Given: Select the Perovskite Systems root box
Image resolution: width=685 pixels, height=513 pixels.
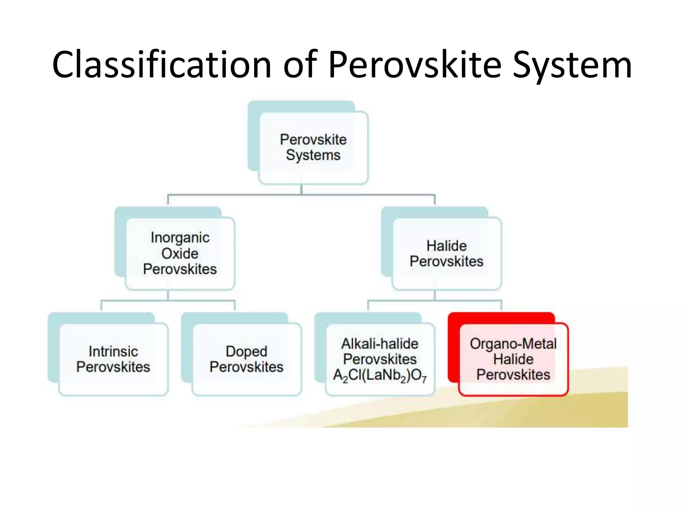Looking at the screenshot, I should click(313, 148).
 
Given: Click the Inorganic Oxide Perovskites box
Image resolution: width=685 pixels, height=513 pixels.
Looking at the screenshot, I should click(180, 253).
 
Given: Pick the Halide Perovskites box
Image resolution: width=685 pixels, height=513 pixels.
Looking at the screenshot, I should click(447, 253).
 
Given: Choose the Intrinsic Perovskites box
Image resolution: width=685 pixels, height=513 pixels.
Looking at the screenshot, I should click(113, 359).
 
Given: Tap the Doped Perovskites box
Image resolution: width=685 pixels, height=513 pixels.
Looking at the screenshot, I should click(247, 359).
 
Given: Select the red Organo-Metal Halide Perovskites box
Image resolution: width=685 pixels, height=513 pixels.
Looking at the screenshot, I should click(513, 359).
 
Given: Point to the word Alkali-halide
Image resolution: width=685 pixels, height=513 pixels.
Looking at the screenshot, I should click(380, 344).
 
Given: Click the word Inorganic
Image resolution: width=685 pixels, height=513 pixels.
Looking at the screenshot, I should click(180, 238).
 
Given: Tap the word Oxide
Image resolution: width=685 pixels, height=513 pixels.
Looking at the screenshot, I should click(180, 253).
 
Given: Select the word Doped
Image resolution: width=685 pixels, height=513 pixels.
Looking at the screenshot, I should click(247, 351).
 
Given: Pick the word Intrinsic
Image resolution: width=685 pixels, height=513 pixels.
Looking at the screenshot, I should click(113, 351).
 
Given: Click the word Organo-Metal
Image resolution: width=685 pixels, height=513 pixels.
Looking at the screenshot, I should click(513, 344).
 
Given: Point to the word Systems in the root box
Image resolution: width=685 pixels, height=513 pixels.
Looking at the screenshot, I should click(313, 155).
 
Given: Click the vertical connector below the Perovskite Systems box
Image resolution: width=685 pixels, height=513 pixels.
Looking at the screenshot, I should click(301, 189).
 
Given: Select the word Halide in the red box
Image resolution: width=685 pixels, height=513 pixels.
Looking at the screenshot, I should click(513, 359).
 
